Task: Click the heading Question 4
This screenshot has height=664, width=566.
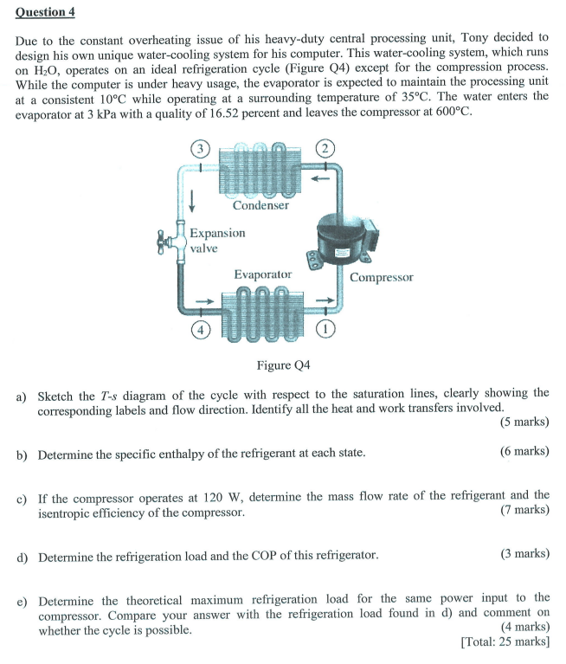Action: (38, 11)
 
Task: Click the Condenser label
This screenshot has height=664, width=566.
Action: (260, 205)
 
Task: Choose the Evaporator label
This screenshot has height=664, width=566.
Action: (262, 274)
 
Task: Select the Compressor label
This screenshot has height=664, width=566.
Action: (382, 277)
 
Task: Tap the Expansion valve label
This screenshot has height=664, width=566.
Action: (216, 241)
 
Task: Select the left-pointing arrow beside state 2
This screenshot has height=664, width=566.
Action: (321, 180)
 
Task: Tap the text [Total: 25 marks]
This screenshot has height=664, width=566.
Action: (505, 641)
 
